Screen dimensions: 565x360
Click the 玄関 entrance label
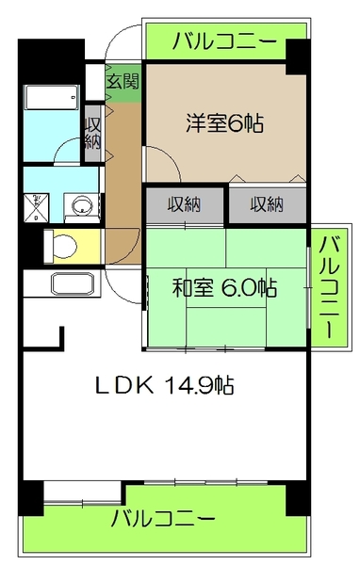pyautogui.click(x=123, y=82)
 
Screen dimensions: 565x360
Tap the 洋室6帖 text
pyautogui.click(x=223, y=122)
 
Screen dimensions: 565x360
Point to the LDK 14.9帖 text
pyautogui.click(x=164, y=385)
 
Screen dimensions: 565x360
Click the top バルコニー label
pyautogui.click(x=225, y=40)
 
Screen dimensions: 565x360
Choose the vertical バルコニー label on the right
pyautogui.click(x=329, y=288)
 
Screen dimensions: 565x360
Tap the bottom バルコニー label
pyautogui.click(x=163, y=519)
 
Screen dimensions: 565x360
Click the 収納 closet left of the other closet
pyautogui.click(x=185, y=203)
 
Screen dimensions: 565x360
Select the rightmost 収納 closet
pyautogui.click(x=267, y=203)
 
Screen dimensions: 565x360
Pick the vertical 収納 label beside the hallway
pyautogui.click(x=93, y=132)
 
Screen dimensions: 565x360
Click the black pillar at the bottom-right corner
pyautogui.click(x=298, y=499)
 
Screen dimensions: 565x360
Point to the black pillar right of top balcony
pyautogui.click(x=298, y=56)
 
